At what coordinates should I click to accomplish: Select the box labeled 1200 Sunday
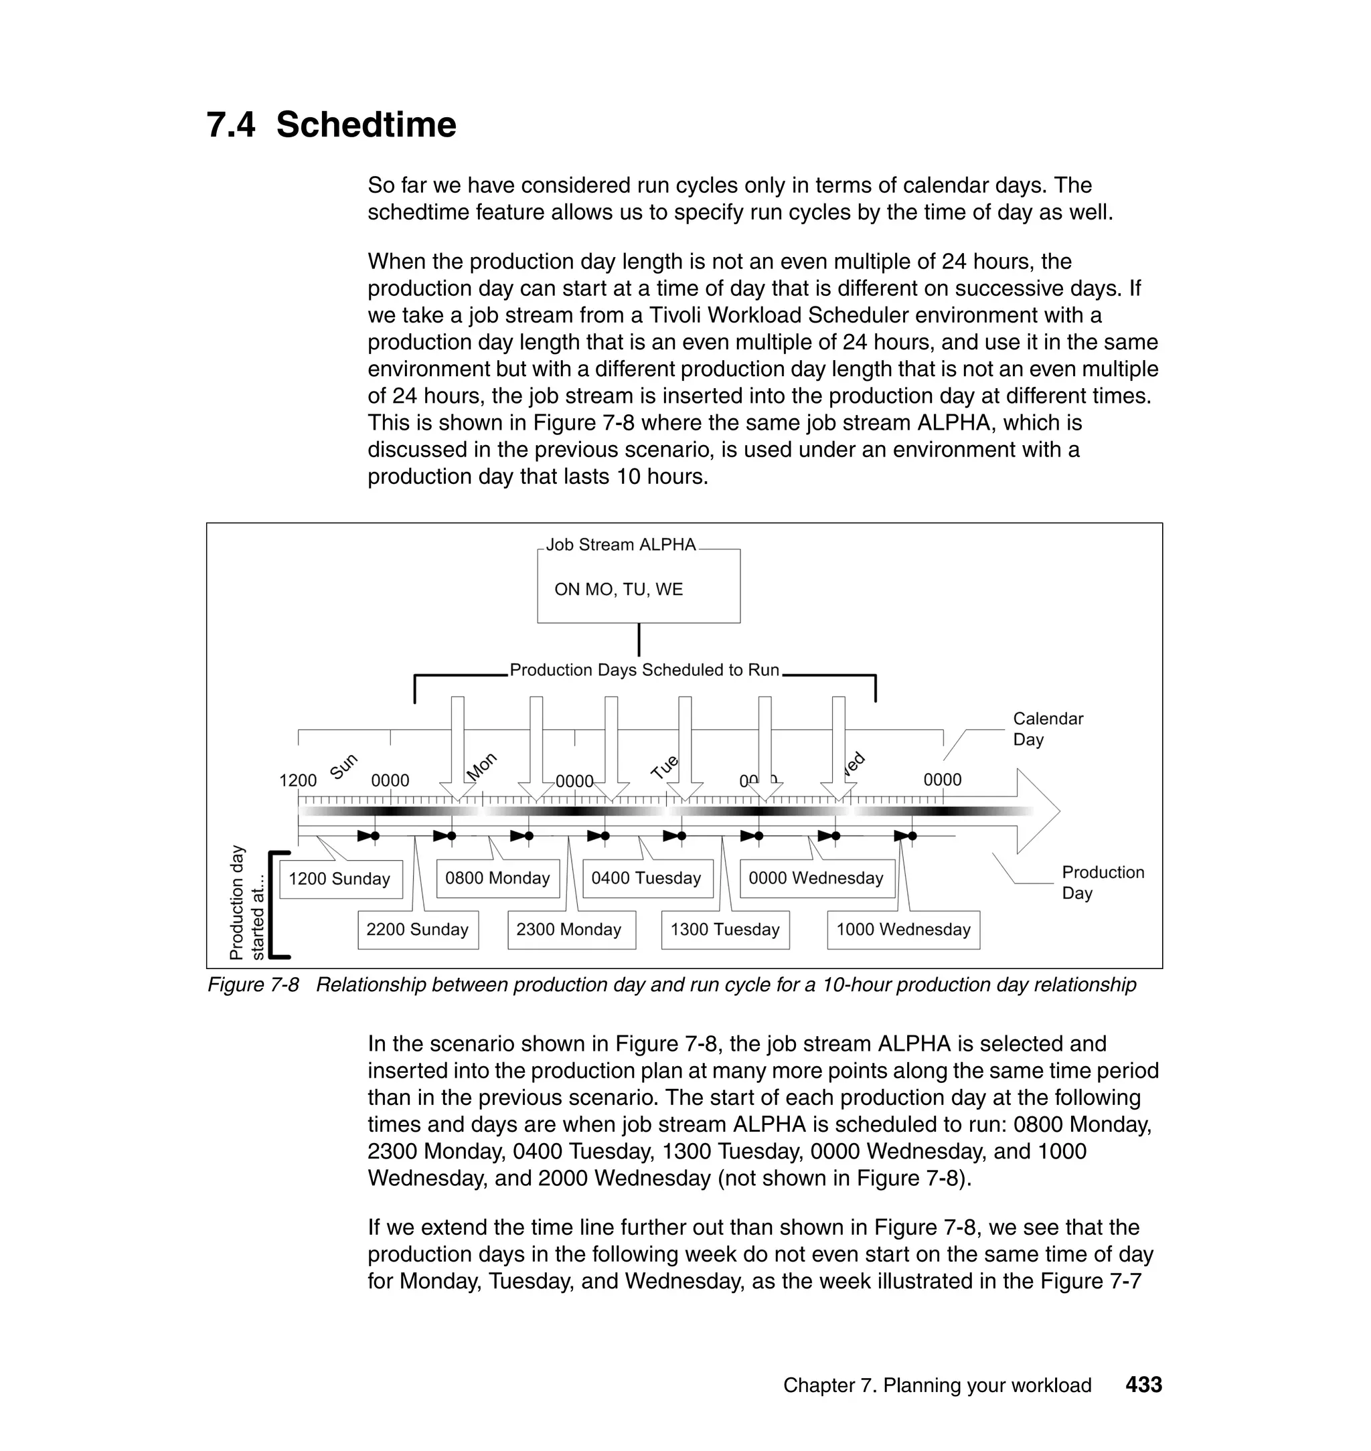(x=340, y=879)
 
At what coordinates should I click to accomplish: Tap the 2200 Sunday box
(x=417, y=930)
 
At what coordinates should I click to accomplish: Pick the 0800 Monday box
(x=497, y=878)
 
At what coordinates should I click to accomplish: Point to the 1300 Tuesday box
(x=725, y=930)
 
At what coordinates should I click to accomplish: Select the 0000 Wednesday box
(x=816, y=878)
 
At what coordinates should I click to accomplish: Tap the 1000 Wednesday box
(x=903, y=930)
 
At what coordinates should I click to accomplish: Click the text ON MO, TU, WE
(x=619, y=590)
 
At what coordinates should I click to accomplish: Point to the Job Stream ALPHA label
(x=621, y=545)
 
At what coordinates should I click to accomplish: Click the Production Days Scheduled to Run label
(x=645, y=670)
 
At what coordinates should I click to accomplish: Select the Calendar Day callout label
(x=1047, y=728)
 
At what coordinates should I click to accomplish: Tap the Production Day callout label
(x=1102, y=882)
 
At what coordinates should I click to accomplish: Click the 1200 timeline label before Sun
(x=297, y=780)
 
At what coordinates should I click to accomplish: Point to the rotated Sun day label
(x=343, y=766)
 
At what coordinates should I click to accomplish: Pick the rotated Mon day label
(x=481, y=766)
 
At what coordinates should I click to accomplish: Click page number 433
(x=1143, y=1385)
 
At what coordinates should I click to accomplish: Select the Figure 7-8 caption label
(x=253, y=985)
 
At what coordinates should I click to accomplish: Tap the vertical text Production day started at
(x=246, y=903)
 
